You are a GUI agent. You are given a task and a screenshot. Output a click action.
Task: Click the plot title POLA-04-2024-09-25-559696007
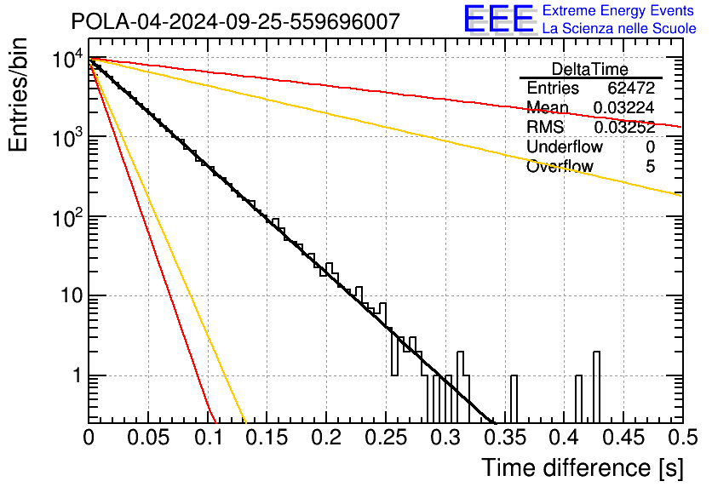pyautogui.click(x=236, y=21)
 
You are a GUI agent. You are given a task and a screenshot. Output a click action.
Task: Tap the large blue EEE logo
pyautogui.click(x=499, y=20)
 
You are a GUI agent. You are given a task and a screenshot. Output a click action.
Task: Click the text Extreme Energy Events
pyautogui.click(x=618, y=10)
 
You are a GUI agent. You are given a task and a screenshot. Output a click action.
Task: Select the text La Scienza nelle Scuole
pyautogui.click(x=619, y=29)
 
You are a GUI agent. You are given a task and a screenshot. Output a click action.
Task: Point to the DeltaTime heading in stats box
pyautogui.click(x=590, y=69)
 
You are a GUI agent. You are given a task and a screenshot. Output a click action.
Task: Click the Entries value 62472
pyautogui.click(x=631, y=88)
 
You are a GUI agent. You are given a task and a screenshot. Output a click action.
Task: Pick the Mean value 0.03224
pyautogui.click(x=624, y=107)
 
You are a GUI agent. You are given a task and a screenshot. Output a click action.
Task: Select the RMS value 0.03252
pyautogui.click(x=624, y=128)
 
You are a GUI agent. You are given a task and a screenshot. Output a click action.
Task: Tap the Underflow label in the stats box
pyautogui.click(x=565, y=146)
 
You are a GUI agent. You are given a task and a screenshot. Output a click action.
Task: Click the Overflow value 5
pyautogui.click(x=650, y=167)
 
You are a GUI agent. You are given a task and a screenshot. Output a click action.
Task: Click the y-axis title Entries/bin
pyautogui.click(x=18, y=95)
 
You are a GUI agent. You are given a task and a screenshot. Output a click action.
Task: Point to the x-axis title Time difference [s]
pyautogui.click(x=583, y=467)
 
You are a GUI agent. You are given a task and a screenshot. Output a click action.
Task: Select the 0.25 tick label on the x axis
pyautogui.click(x=386, y=438)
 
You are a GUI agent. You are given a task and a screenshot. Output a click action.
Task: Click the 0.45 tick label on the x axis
pyautogui.click(x=624, y=438)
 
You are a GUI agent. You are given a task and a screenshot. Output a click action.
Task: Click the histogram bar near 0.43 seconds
pyautogui.click(x=597, y=387)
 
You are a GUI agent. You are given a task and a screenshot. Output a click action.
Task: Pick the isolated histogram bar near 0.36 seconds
pyautogui.click(x=514, y=398)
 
